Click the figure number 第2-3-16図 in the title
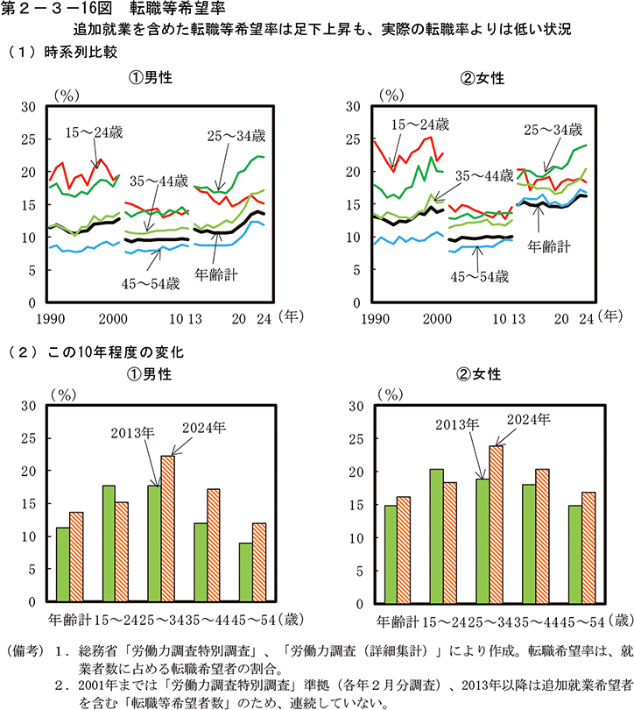point(51,10)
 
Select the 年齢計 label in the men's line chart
point(215,273)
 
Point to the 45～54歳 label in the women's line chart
point(478,277)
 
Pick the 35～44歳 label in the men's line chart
point(158,181)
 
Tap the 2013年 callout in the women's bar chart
point(459,424)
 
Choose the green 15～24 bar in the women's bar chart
point(437,535)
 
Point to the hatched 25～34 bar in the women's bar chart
point(497,523)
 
